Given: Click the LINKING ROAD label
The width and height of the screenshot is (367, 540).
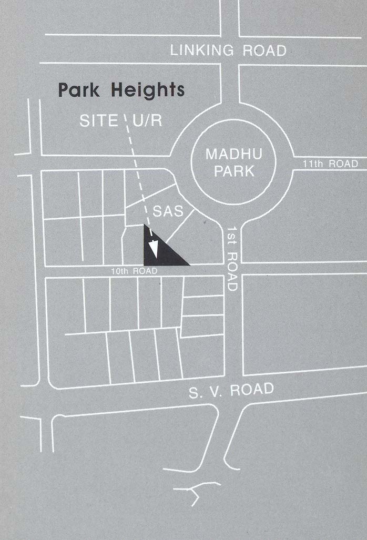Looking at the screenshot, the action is point(229,51).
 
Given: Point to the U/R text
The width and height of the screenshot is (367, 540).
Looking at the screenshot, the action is point(146,121).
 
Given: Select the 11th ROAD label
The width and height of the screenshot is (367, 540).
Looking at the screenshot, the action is point(331,164).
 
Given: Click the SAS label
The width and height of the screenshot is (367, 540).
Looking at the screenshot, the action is point(167,211).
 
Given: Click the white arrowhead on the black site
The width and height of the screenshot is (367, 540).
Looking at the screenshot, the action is point(155,247).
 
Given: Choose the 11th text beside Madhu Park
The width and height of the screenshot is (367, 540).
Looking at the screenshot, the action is point(313,164).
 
